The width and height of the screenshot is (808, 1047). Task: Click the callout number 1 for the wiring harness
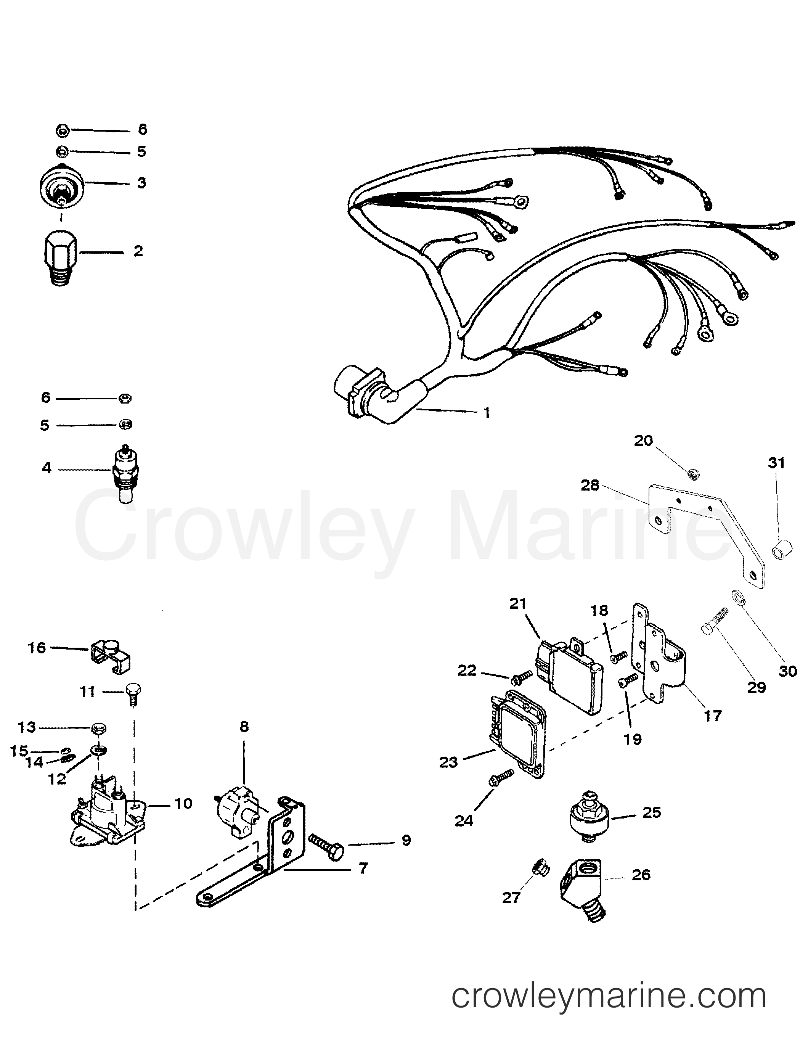tap(487, 413)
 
